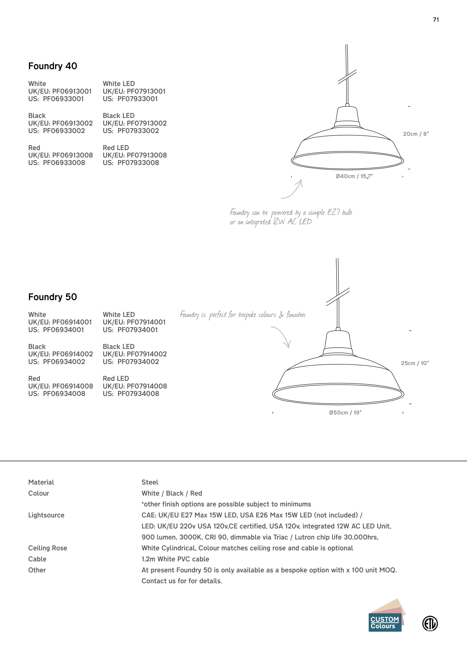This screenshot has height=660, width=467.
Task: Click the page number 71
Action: pos(436,20)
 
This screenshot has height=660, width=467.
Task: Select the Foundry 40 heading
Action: pos(53,66)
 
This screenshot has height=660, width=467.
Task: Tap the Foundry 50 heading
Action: pos(53,297)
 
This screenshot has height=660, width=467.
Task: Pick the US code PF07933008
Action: pos(138,163)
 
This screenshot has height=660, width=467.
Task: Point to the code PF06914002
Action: pos(72,354)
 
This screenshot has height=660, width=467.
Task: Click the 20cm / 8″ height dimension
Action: pos(416,134)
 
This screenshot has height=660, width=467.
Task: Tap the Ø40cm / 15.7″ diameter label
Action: pos(354,176)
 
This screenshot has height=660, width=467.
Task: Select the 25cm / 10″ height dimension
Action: pos(415,363)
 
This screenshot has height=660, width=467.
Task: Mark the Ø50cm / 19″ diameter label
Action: pos(345,413)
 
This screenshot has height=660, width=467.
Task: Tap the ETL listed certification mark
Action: pos(430,624)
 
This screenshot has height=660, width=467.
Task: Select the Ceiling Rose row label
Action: pos(48,548)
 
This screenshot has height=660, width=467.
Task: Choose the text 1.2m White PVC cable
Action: pos(175,559)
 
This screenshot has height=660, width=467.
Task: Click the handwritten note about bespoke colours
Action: pos(243,315)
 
